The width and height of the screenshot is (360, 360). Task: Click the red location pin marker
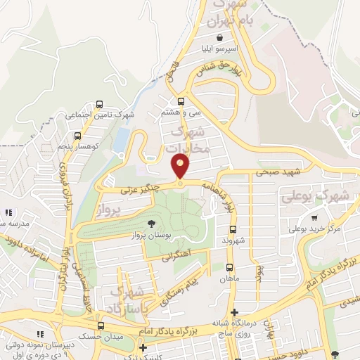coord(181,167)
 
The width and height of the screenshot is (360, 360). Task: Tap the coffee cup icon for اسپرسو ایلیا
coord(221,37)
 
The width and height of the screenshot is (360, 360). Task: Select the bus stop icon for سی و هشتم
coord(181,101)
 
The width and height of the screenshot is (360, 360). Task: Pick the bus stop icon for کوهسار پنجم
coord(77,136)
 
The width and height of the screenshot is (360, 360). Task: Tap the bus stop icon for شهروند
coord(233,229)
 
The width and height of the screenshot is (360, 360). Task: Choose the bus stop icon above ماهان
coord(229,267)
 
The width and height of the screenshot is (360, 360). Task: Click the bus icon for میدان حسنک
coord(101,326)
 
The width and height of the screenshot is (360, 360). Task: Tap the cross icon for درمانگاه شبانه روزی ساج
coord(235,312)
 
